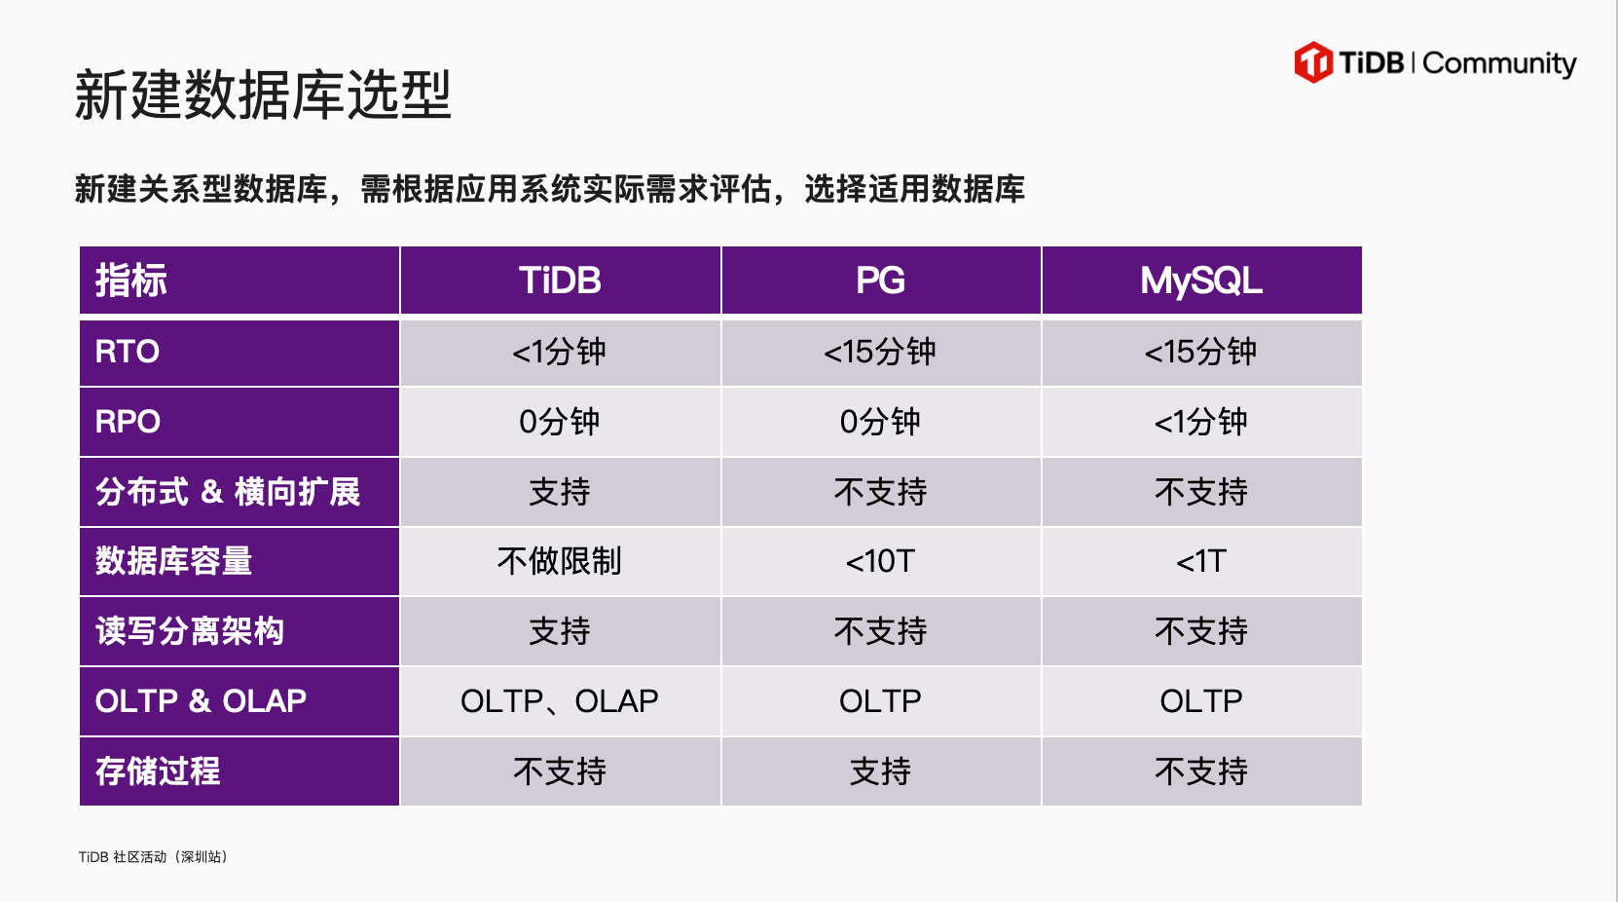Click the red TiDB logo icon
(1313, 62)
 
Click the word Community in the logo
(1499, 64)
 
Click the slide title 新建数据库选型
(263, 94)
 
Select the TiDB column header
(560, 281)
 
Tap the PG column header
(880, 281)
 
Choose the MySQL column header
(1202, 281)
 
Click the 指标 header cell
(239, 281)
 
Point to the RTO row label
(239, 352)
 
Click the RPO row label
(239, 422)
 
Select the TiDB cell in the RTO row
(560, 352)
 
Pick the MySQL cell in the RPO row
(1202, 422)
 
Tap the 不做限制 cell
(560, 562)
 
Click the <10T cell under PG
(880, 562)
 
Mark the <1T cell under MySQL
(1202, 562)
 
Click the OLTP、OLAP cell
(560, 701)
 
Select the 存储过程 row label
(239, 771)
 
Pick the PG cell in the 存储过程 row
(880, 771)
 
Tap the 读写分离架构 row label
(239, 631)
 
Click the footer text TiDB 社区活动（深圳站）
(153, 857)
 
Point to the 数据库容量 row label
(239, 562)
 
